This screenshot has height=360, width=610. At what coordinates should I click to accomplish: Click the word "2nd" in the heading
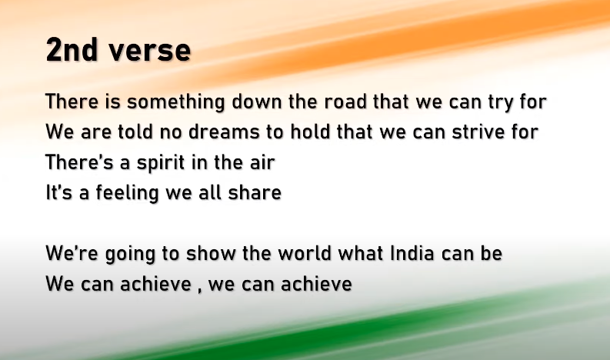point(72,49)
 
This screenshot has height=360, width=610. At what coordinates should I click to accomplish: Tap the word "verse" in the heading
point(150,51)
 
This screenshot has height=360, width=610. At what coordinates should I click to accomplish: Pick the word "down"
point(256,102)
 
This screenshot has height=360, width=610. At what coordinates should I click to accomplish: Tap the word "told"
point(135,132)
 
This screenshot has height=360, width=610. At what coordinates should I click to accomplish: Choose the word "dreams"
point(224,132)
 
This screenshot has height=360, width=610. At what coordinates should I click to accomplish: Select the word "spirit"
point(161,163)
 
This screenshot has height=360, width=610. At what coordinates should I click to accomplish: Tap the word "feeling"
point(127,193)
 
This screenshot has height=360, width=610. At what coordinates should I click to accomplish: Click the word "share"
point(255,192)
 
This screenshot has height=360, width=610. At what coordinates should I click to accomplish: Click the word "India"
point(412,253)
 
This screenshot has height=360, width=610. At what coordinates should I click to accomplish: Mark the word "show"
point(211,253)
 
